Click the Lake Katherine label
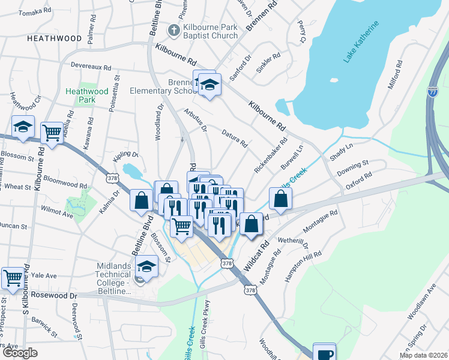pyautogui.click(x=361, y=42)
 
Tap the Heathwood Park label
pyautogui.click(x=87, y=95)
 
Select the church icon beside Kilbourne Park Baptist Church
pyautogui.click(x=173, y=29)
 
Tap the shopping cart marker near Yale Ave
pyautogui.click(x=13, y=278)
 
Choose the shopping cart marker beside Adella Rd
pyautogui.click(x=52, y=133)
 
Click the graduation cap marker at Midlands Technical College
pyautogui.click(x=147, y=266)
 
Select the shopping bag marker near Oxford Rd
pyautogui.click(x=280, y=197)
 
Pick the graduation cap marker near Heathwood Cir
pyautogui.click(x=23, y=127)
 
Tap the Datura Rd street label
pyautogui.click(x=234, y=139)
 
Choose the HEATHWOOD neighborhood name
pyautogui.click(x=54, y=38)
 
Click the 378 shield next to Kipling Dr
pyautogui.click(x=112, y=178)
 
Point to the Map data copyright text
pyautogui.click(x=423, y=355)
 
